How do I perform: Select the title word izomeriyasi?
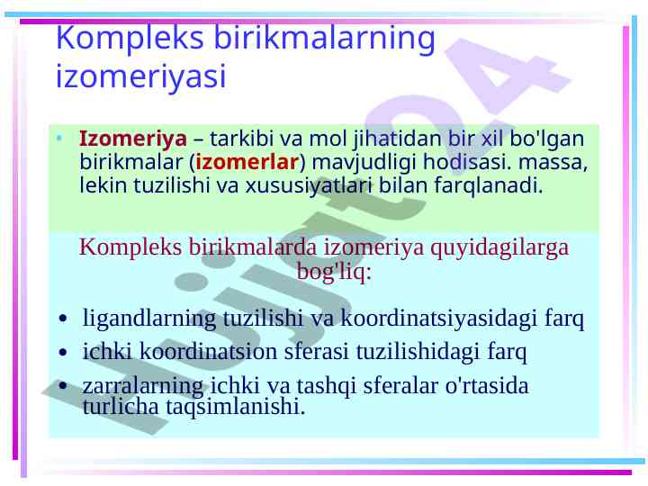point(141,76)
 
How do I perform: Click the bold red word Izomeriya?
point(132,139)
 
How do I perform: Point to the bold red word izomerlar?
point(247,162)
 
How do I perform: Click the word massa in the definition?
point(553,162)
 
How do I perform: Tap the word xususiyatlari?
point(309,185)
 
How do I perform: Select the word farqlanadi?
point(488,185)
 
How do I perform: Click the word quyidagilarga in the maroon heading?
point(499,248)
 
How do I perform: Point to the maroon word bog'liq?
point(334,273)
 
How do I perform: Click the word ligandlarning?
point(149,319)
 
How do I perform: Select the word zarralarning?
point(143,386)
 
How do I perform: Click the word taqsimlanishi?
point(235,407)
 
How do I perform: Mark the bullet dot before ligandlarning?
point(63,319)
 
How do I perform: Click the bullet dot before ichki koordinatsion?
point(63,353)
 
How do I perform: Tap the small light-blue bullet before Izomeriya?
point(60,138)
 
